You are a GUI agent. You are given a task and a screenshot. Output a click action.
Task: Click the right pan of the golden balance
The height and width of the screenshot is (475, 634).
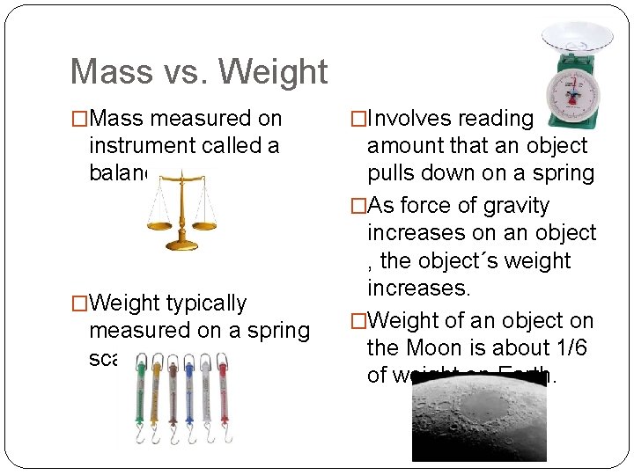(x=204, y=226)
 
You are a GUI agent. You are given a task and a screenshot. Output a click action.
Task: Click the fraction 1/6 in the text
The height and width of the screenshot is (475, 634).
(x=571, y=348)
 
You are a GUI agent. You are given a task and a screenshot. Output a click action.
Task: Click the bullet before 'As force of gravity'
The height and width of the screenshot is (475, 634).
(x=358, y=206)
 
